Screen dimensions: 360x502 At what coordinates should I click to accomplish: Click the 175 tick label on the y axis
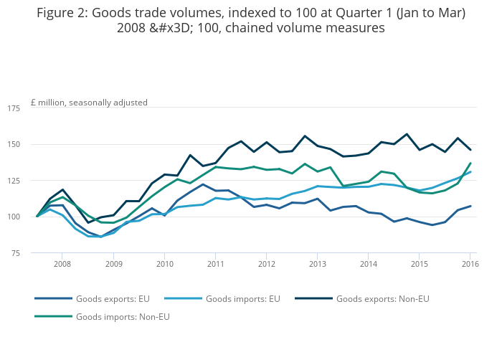pyautogui.click(x=14, y=108)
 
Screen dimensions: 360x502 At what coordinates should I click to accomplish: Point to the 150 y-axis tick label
pyautogui.click(x=14, y=144)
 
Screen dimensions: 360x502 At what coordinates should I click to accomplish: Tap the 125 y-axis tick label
pyautogui.click(x=14, y=181)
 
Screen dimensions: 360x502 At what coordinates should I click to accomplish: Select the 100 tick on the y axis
pyautogui.click(x=14, y=217)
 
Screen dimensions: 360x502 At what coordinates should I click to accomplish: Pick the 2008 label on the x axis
pyautogui.click(x=62, y=264)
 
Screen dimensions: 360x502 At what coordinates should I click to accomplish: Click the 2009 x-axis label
pyautogui.click(x=113, y=264)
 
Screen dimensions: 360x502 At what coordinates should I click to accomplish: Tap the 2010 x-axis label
pyautogui.click(x=164, y=264)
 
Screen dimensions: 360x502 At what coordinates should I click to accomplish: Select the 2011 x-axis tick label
pyautogui.click(x=216, y=264)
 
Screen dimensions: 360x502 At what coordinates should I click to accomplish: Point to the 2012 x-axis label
pyautogui.click(x=267, y=264)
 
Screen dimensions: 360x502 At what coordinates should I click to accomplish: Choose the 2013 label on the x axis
pyautogui.click(x=318, y=264)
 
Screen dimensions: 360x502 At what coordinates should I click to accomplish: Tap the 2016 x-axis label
pyautogui.click(x=470, y=264)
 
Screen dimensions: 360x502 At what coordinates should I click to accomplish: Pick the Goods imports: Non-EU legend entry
pyautogui.click(x=123, y=316)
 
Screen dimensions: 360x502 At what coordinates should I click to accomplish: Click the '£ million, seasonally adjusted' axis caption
pyautogui.click(x=89, y=103)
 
